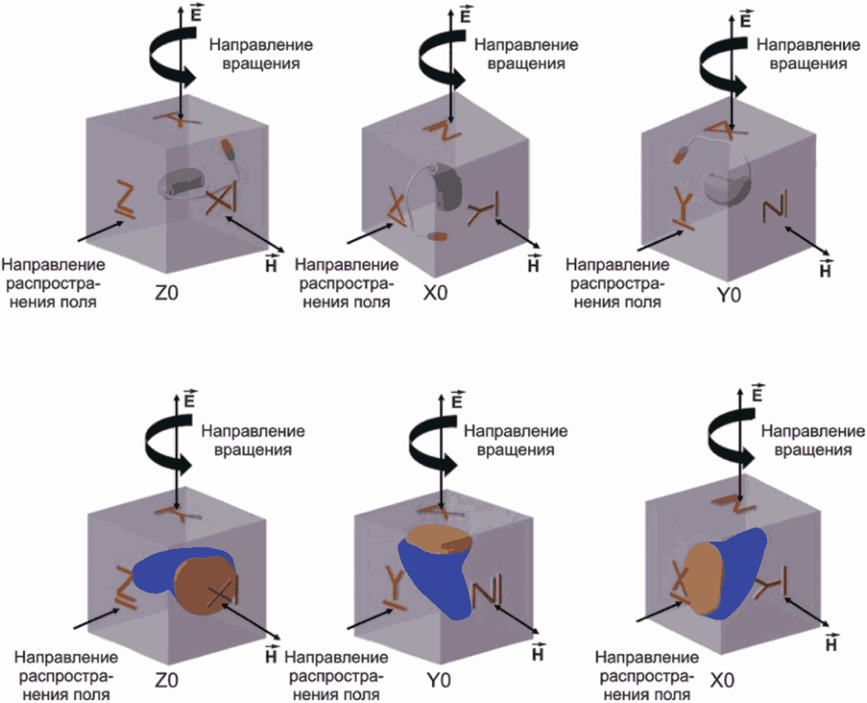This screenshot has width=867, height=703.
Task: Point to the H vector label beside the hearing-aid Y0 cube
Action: (x=825, y=270)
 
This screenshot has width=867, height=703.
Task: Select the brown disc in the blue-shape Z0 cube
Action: (x=205, y=584)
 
